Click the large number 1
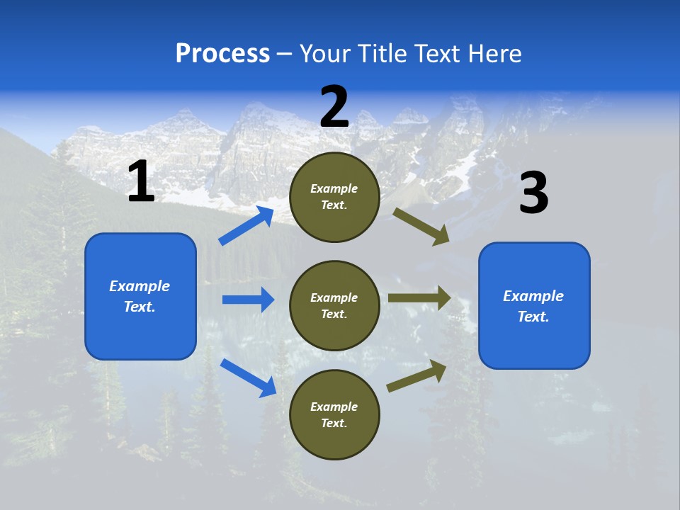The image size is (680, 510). click(x=141, y=182)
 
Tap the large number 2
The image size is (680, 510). click(x=334, y=107)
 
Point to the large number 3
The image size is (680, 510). click(x=533, y=193)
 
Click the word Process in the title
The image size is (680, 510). click(x=222, y=53)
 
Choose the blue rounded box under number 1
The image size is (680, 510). click(x=140, y=296)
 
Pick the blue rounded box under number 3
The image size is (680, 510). click(x=534, y=305)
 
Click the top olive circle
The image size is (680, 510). click(x=334, y=197)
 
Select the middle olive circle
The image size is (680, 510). click(x=334, y=305)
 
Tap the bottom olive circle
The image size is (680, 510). click(x=334, y=414)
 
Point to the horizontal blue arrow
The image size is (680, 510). click(x=248, y=300)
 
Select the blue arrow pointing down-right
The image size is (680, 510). click(x=248, y=377)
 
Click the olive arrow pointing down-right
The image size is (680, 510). click(x=421, y=226)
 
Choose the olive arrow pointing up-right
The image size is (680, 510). click(x=416, y=375)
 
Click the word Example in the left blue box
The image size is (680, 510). click(x=140, y=286)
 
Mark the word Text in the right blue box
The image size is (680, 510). click(x=533, y=317)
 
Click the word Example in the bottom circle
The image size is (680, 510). click(x=334, y=407)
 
